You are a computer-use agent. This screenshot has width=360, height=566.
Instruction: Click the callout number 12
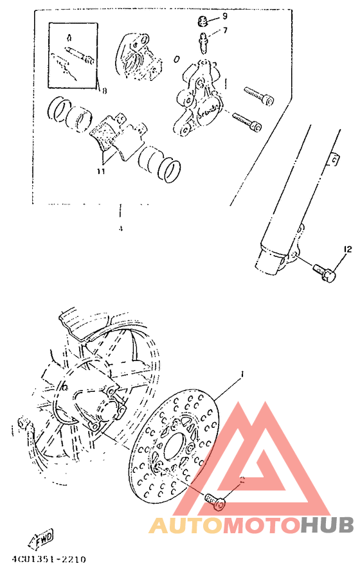[347, 249]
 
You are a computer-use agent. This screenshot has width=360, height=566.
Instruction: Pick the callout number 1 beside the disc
[242, 373]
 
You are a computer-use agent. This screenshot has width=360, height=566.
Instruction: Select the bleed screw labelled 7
[203, 41]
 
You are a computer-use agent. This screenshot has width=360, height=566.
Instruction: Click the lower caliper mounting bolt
[247, 121]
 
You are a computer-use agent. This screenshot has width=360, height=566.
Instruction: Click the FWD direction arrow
[41, 537]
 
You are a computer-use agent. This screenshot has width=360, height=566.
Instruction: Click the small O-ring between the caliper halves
[176, 59]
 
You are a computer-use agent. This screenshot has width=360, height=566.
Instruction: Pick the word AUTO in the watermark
[185, 526]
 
